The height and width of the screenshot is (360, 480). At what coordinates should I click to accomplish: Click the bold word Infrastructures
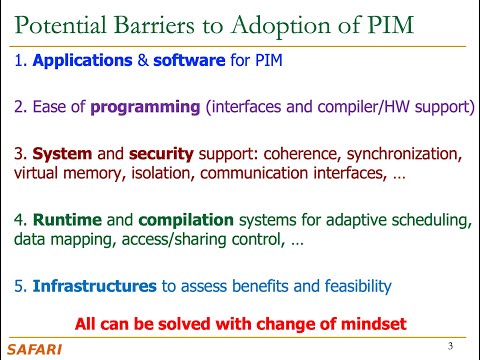tap(94, 287)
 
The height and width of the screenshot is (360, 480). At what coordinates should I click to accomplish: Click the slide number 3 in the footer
tap(451, 347)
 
